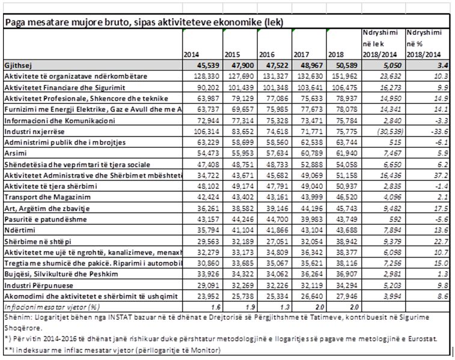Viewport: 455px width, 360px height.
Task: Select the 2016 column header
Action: [267, 55]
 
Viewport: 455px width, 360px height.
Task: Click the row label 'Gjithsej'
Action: [19, 66]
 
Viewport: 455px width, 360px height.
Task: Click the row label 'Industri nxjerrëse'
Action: [36, 131]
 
